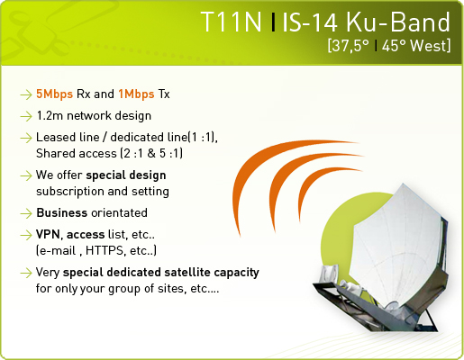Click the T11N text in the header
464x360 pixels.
pyautogui.click(x=232, y=22)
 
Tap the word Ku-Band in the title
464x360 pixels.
pyautogui.click(x=398, y=22)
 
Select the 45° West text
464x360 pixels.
pyautogui.click(x=416, y=46)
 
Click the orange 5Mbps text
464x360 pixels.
pyautogui.click(x=54, y=94)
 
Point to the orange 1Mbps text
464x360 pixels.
pyautogui.click(x=136, y=94)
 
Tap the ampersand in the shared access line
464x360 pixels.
pyautogui.click(x=151, y=154)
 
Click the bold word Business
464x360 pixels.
pyautogui.click(x=62, y=213)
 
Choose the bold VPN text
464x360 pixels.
pyautogui.click(x=48, y=235)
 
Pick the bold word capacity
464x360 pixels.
pyautogui.click(x=237, y=273)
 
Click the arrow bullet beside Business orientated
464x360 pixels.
pyautogui.click(x=26, y=213)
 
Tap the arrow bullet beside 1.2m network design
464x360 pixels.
pyautogui.click(x=26, y=116)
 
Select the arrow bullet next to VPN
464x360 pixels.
pyautogui.click(x=26, y=235)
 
